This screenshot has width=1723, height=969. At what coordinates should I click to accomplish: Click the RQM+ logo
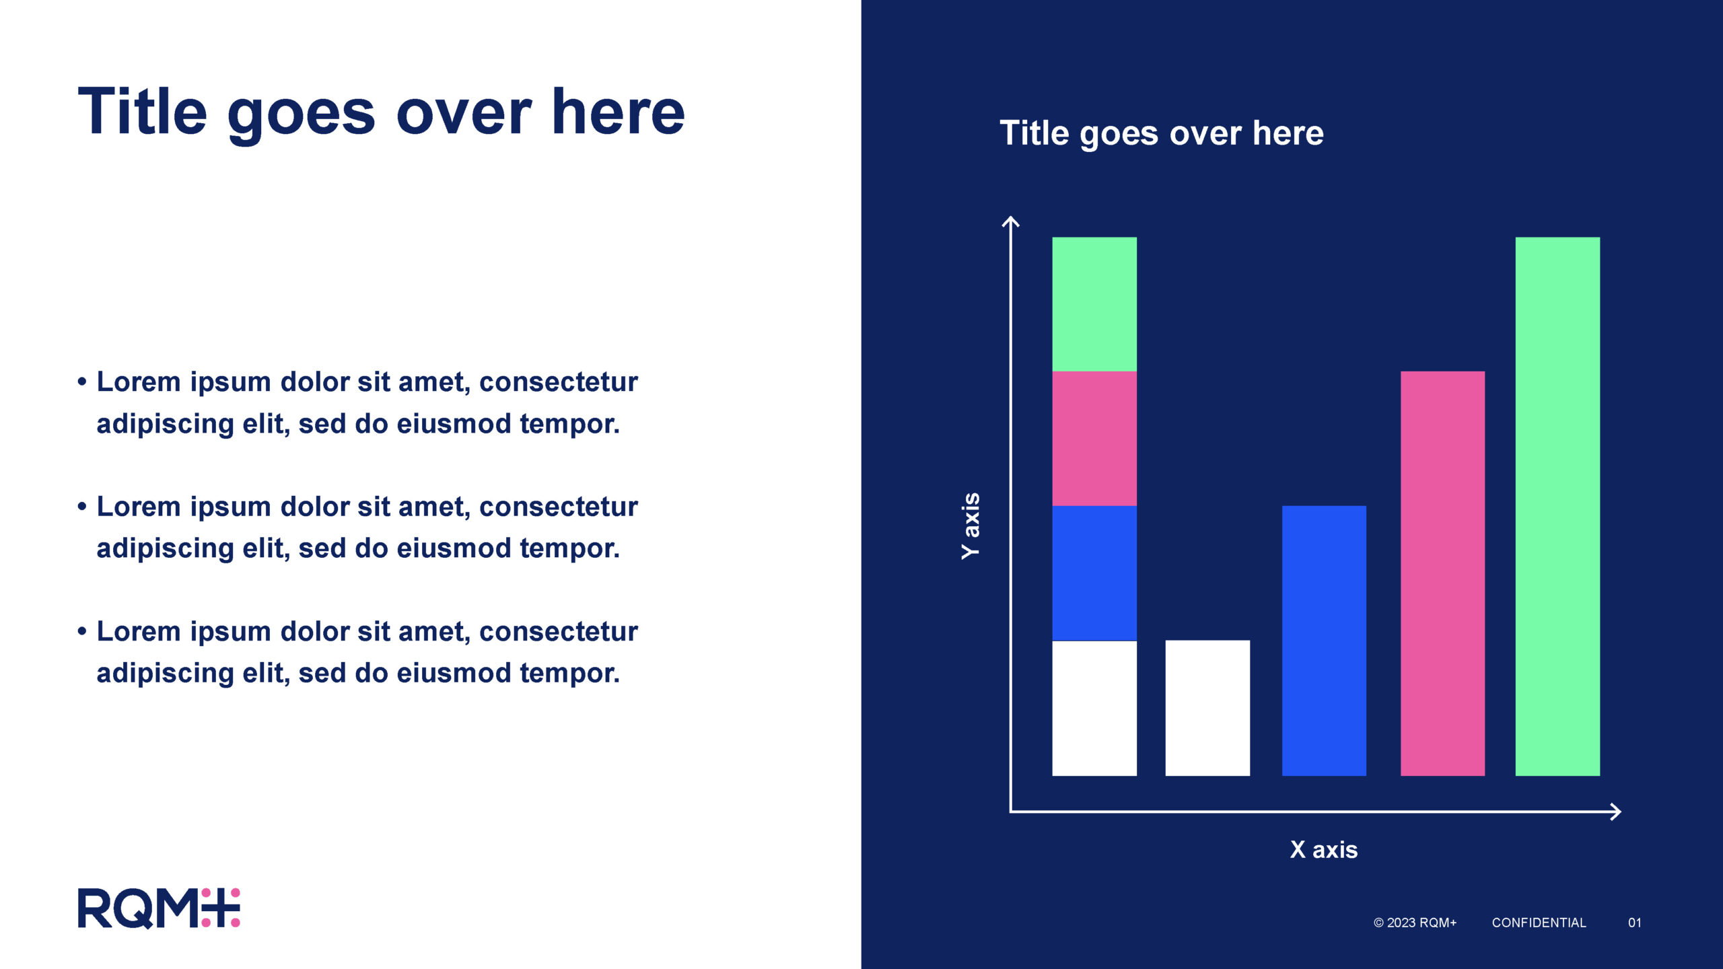click(159, 908)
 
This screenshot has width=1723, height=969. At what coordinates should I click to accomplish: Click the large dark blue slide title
click(382, 112)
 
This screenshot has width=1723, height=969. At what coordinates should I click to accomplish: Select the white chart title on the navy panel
click(1162, 134)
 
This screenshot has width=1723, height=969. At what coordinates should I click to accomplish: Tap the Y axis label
click(971, 526)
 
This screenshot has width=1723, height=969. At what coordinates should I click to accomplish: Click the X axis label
click(1324, 850)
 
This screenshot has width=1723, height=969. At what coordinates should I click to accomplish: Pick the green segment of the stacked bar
click(1094, 304)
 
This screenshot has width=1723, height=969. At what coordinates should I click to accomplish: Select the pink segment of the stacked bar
click(1094, 439)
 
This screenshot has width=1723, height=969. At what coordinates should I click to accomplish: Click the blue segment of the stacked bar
click(1094, 573)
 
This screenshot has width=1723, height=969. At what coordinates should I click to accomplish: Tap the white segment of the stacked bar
click(1094, 709)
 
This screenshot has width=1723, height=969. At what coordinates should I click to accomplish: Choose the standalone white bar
click(1207, 709)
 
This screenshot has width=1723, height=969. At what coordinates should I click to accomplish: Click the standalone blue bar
click(1324, 641)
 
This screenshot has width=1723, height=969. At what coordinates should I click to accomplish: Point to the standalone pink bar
click(1442, 573)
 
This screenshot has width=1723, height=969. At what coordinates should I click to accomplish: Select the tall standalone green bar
click(1557, 506)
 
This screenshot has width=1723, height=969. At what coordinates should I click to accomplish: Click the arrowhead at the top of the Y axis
click(1010, 217)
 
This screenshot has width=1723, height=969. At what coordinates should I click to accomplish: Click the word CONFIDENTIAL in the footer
click(1539, 923)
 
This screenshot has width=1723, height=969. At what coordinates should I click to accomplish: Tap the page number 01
click(1635, 923)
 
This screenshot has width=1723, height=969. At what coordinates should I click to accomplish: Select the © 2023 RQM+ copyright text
click(1415, 923)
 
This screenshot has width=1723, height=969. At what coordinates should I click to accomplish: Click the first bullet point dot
click(82, 382)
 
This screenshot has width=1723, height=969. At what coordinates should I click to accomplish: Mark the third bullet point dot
click(82, 632)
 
